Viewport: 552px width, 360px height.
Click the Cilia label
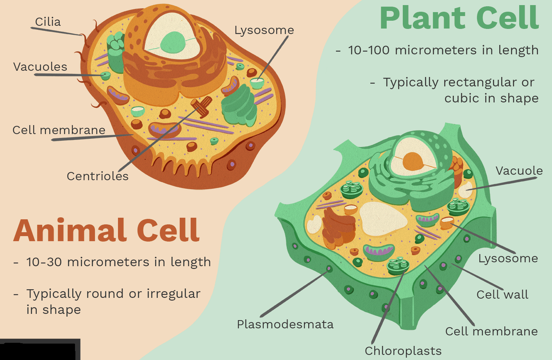point(48,22)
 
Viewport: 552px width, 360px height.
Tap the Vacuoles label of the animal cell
point(40,67)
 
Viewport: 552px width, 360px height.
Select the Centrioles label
point(98,176)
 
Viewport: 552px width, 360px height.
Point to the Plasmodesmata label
point(285,324)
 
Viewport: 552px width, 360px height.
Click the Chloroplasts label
point(403,351)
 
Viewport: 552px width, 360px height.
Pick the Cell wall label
point(502,294)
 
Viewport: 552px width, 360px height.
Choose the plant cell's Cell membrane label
point(491,331)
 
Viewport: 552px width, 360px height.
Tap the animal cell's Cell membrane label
point(59,130)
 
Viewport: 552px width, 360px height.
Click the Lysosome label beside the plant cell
point(508,259)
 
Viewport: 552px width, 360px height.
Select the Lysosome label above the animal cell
point(264,30)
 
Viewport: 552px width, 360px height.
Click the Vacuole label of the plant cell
point(519,171)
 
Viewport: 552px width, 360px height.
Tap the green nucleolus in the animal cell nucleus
point(173,42)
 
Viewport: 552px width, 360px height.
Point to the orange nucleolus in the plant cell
point(413,161)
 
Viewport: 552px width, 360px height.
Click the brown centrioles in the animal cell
point(202,107)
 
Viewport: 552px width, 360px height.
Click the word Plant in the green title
point(422,18)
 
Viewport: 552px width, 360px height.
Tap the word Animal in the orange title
point(70,230)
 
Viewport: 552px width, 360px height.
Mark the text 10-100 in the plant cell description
point(369,50)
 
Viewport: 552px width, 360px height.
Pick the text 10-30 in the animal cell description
point(44,262)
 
